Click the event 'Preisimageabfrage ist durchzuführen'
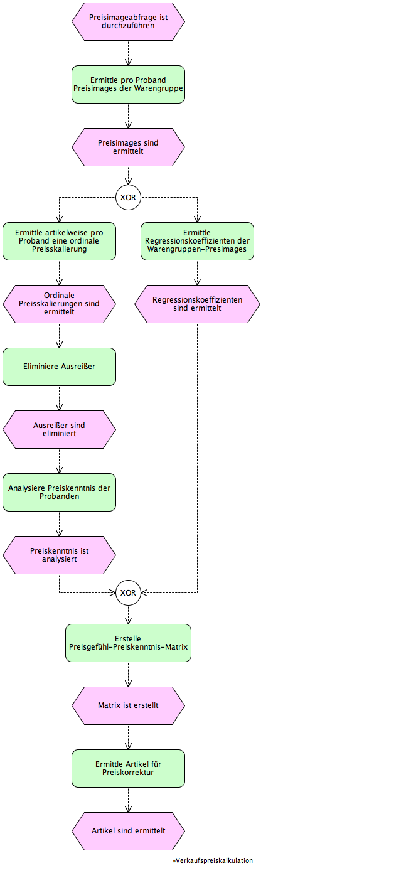tap(128, 21)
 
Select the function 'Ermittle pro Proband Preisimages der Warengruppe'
tap(128, 84)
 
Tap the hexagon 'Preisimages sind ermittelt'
tap(128, 147)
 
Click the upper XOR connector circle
tap(128, 197)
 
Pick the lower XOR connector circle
tap(128, 592)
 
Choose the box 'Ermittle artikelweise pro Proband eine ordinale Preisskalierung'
tap(59, 242)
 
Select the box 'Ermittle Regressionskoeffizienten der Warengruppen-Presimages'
tap(198, 242)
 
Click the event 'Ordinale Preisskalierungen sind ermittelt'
tap(59, 304)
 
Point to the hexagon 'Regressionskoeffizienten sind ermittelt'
tap(198, 304)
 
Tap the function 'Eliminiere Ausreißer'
tap(59, 367)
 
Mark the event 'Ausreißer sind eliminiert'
tap(59, 429)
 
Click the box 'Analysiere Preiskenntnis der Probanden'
tap(59, 492)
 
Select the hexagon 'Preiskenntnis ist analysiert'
tap(59, 555)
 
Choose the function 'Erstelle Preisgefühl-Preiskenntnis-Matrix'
tap(128, 643)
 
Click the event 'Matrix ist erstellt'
tap(128, 705)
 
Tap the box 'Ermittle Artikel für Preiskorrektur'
tap(128, 768)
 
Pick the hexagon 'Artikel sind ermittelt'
tap(128, 831)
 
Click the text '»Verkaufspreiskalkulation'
tap(213, 860)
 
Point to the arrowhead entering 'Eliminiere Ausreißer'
tap(59, 345)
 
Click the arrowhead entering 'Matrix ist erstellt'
tap(128, 683)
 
